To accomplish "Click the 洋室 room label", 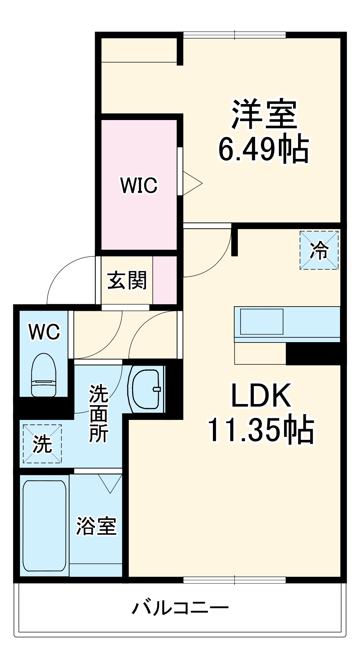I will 264,114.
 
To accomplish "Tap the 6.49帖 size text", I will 264,149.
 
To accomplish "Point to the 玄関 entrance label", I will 127,280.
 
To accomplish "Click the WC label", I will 44,332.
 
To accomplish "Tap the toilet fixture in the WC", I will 43,375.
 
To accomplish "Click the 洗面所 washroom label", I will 98,413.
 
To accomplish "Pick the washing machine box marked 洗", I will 42,444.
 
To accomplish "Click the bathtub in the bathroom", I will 44,526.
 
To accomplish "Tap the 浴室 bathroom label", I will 96,526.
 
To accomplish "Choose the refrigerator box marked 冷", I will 319,250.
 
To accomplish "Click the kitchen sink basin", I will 262,322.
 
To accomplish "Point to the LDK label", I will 261,395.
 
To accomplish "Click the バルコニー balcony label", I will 181,608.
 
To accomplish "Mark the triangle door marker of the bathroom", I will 110,483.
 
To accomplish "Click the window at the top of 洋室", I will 235,35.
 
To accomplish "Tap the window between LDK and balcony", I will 235,580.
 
